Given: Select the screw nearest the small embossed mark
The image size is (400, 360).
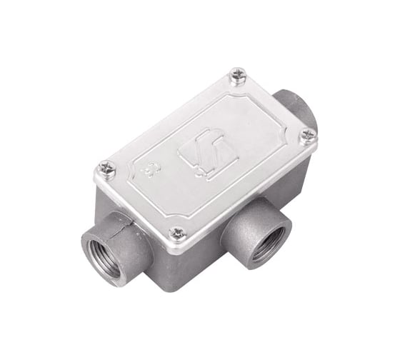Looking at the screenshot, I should [x=107, y=169].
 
